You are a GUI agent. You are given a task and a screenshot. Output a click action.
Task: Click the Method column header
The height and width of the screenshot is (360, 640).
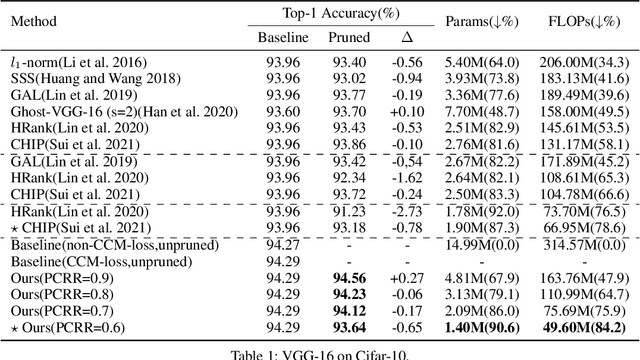pyautogui.click(x=38, y=21)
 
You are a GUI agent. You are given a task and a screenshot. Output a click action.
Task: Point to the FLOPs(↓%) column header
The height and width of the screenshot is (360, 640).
pyautogui.click(x=582, y=21)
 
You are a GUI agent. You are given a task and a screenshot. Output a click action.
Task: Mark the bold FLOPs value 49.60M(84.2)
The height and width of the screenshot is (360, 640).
pyautogui.click(x=582, y=326)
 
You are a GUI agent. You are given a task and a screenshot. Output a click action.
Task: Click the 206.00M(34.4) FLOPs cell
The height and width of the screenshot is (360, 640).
pyautogui.click(x=582, y=61)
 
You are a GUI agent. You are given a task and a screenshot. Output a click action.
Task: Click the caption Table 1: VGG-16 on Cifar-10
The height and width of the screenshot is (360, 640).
pyautogui.click(x=320, y=350)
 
